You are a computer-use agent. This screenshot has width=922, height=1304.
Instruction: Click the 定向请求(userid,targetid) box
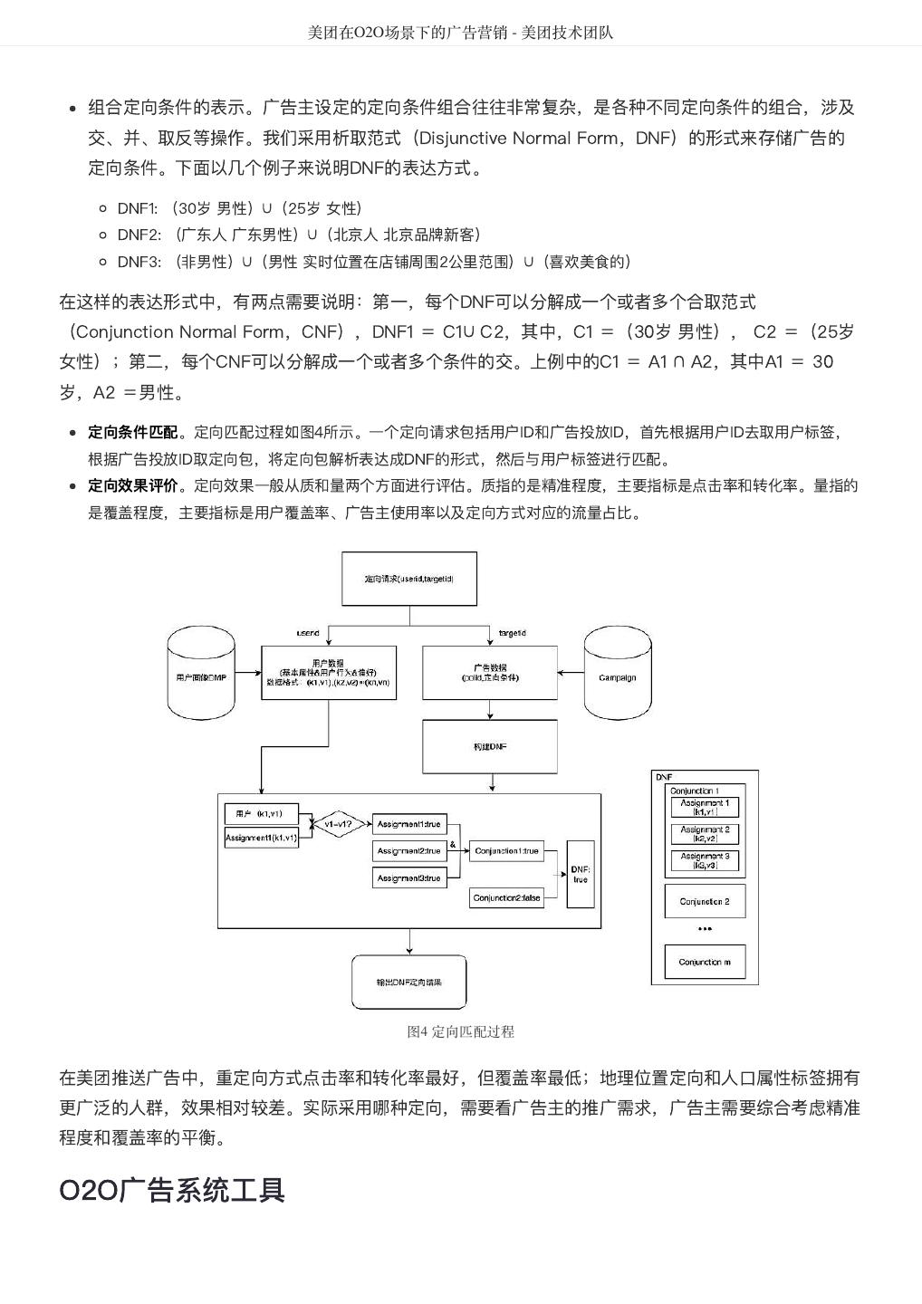click(x=408, y=579)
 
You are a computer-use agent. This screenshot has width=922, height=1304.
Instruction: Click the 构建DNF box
click(x=490, y=747)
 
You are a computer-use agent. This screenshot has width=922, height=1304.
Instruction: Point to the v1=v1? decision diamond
click(x=338, y=824)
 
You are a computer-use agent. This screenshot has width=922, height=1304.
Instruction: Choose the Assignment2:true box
click(x=409, y=851)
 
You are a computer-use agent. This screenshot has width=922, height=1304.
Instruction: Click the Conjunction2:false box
click(x=507, y=898)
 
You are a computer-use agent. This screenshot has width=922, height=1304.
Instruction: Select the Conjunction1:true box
click(x=507, y=851)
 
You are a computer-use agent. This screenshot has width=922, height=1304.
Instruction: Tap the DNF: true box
click(x=581, y=875)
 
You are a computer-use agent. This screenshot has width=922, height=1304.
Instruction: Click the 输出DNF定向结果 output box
click(x=408, y=982)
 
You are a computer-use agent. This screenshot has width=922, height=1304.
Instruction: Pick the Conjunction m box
click(x=705, y=962)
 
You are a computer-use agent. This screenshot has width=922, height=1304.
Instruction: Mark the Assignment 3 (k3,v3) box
click(x=705, y=860)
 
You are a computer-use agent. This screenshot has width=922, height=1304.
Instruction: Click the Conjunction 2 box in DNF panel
click(x=705, y=901)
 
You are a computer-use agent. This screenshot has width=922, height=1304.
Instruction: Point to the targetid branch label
click(x=513, y=633)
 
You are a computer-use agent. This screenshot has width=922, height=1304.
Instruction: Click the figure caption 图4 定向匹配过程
click(x=460, y=1031)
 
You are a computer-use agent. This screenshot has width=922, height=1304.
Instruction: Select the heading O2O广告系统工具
click(x=172, y=1190)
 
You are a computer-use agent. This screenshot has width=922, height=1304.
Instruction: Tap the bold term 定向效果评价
click(x=132, y=485)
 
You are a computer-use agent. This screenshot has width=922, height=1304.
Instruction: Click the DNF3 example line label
click(x=139, y=262)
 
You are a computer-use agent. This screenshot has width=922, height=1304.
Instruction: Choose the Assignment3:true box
click(x=409, y=878)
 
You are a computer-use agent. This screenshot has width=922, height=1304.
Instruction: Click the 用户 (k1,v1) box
click(x=261, y=813)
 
